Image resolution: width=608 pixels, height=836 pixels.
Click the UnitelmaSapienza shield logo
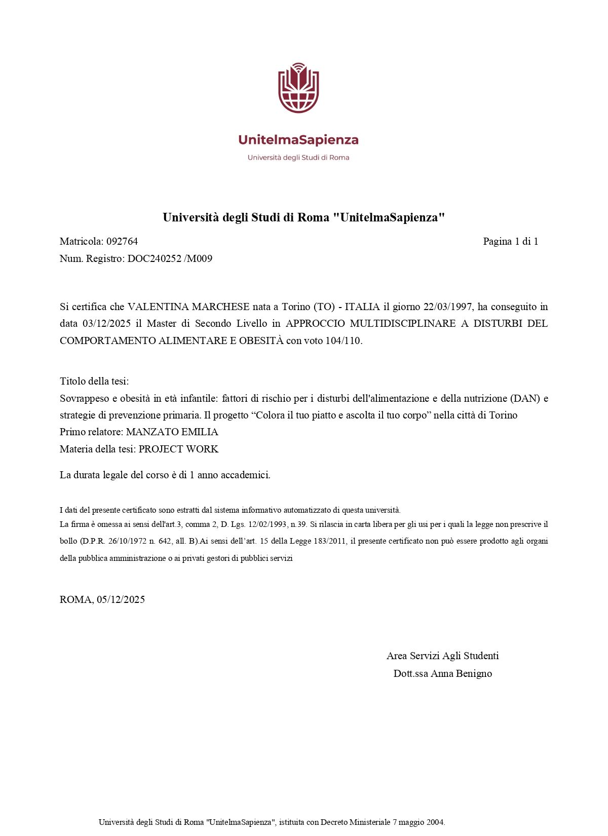(x=298, y=88)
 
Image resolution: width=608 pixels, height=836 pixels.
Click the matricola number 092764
(x=122, y=241)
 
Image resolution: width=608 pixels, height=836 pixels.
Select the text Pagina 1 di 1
(x=510, y=241)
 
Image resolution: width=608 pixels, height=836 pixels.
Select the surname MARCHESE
(x=220, y=307)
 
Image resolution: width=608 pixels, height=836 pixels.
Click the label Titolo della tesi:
(x=94, y=381)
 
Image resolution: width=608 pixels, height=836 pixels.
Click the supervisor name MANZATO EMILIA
(x=172, y=432)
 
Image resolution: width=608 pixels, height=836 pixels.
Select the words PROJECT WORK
(x=178, y=449)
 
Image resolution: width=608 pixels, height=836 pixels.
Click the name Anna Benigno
(x=461, y=673)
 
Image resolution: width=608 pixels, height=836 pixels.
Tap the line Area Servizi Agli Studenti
(x=442, y=656)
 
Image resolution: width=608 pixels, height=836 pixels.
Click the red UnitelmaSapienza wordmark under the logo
(x=298, y=140)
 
